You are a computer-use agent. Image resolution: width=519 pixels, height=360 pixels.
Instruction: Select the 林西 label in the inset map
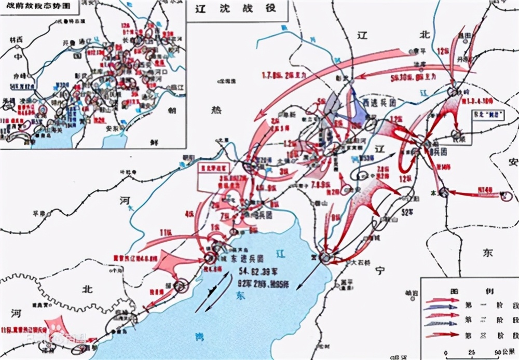click(x=16, y=40)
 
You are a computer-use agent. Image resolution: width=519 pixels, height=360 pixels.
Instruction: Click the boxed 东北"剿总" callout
click(x=487, y=116)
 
